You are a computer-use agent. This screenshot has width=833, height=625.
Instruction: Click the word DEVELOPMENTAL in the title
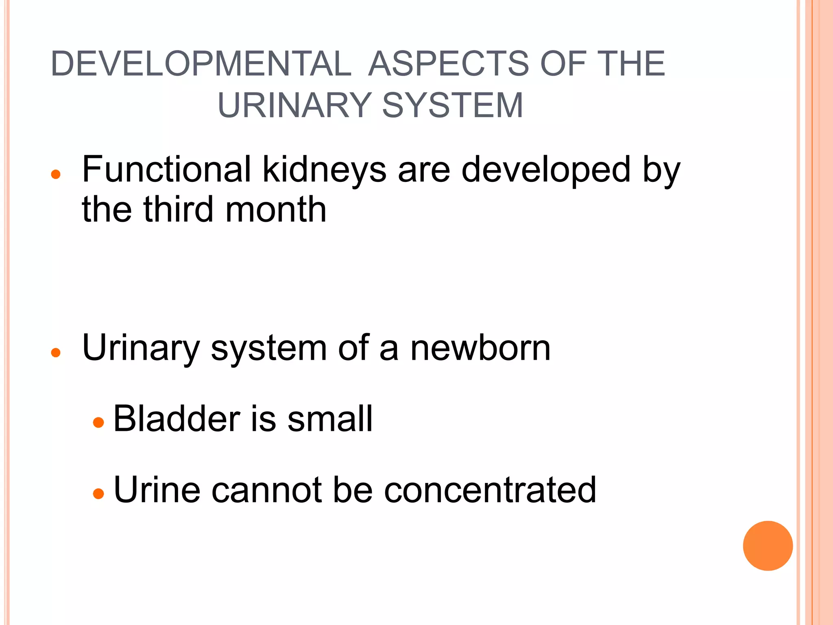[201, 64]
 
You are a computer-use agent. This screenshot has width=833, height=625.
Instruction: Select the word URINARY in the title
[294, 105]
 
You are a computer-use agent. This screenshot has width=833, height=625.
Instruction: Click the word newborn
[480, 348]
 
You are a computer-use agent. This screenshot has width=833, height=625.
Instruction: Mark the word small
[330, 419]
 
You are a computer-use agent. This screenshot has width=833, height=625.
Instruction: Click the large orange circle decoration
[768, 546]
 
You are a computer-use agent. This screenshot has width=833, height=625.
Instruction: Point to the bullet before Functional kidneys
[56, 175]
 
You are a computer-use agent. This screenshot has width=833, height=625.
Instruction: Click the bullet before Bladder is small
[98, 423]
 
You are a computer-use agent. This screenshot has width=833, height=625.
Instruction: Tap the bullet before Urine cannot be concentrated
[98, 494]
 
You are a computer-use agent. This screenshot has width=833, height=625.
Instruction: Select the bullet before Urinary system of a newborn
[56, 352]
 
